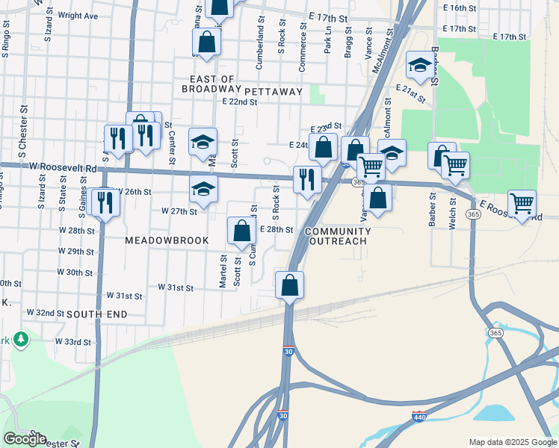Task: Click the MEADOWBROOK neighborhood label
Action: (167, 240)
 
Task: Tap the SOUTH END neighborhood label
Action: (96, 315)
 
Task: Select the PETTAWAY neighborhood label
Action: (273, 91)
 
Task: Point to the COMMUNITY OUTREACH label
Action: (336, 236)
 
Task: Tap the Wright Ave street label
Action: (78, 15)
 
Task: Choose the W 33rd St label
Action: (73, 342)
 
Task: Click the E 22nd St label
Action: (239, 102)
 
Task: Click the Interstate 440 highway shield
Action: (419, 415)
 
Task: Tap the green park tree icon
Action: (21, 340)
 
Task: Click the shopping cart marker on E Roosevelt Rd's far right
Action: (522, 203)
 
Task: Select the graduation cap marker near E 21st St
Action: (420, 65)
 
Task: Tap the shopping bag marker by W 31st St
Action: (289, 285)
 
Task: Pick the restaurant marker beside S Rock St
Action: (307, 179)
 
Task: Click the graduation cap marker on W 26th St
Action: (203, 190)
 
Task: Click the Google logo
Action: (25, 438)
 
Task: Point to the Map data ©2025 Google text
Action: (512, 441)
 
